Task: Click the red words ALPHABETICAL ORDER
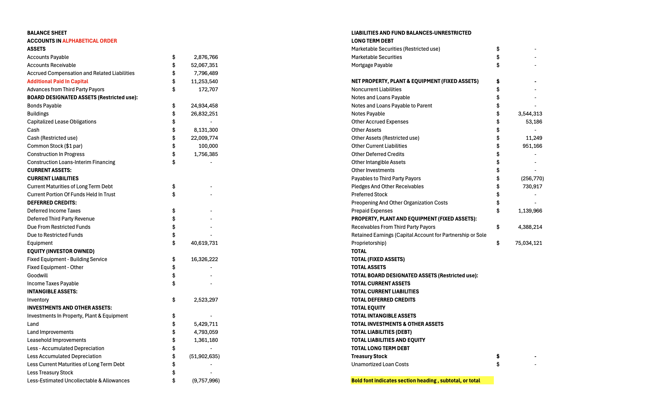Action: point(90,41)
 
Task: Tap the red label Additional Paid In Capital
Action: point(58,81)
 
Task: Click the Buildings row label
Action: point(38,114)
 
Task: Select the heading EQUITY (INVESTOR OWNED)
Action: point(61,251)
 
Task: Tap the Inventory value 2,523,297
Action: point(206,300)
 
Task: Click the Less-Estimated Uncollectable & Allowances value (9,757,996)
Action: point(206,380)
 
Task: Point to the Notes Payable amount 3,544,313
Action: point(530,114)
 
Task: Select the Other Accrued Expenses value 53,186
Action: point(534,122)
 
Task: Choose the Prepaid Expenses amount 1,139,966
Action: point(530,211)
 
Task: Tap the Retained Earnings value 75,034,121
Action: point(529,243)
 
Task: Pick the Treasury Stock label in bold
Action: point(369,356)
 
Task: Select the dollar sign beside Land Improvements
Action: point(174,332)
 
